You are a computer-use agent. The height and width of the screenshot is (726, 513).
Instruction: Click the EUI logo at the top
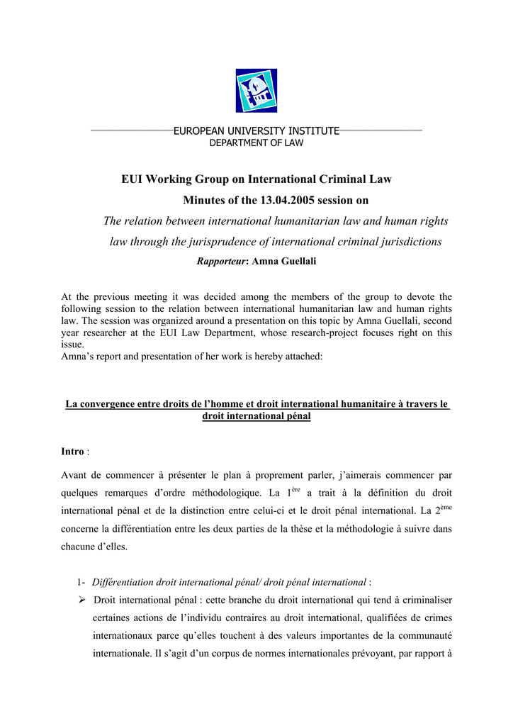click(256, 90)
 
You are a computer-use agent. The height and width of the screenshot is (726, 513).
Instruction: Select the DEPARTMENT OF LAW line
click(256, 143)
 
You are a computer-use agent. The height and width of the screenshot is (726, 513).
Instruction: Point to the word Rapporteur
click(220, 262)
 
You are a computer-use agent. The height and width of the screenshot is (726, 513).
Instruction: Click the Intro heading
click(72, 452)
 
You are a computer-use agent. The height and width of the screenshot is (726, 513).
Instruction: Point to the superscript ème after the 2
click(446, 508)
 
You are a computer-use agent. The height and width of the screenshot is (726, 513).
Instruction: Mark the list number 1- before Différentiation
click(81, 582)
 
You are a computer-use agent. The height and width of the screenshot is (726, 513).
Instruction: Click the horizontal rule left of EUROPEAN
click(132, 131)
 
